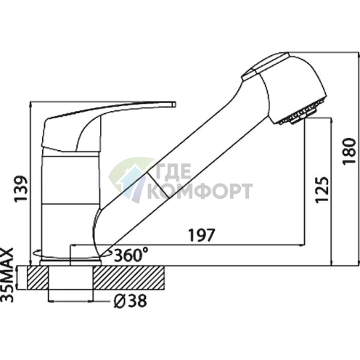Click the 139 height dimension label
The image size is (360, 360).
click(x=20, y=189)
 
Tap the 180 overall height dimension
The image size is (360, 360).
click(x=349, y=152)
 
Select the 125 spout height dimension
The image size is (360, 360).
click(x=322, y=190)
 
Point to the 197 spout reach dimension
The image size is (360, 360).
click(x=202, y=234)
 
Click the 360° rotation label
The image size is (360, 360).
click(x=131, y=255)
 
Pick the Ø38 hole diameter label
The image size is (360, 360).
click(x=130, y=301)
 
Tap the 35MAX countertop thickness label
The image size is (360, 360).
click(x=7, y=275)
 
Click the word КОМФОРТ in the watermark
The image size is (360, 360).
click(x=200, y=191)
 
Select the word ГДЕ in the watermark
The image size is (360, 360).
click(x=173, y=171)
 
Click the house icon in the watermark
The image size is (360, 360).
click(x=131, y=179)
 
